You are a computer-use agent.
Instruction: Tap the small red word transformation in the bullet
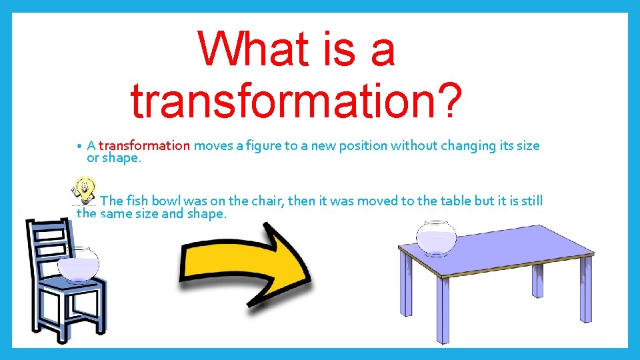click(145, 145)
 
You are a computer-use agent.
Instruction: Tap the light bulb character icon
click(85, 189)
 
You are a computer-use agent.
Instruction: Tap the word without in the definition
click(411, 145)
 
